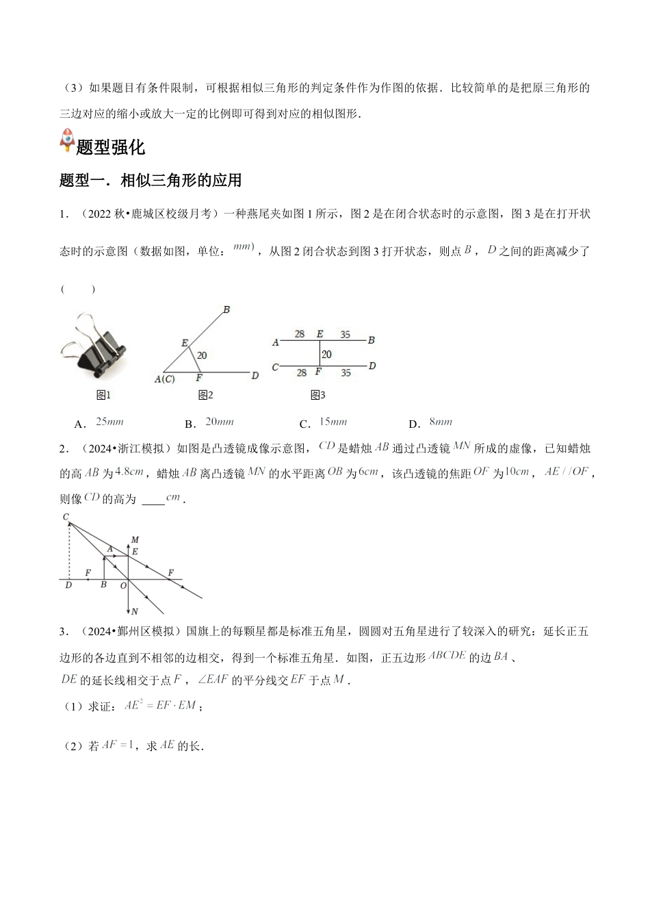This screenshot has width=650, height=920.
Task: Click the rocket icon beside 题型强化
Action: point(68,140)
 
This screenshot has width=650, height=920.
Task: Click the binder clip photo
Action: point(93,346)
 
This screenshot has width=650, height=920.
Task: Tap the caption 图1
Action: point(104,395)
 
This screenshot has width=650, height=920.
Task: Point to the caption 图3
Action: point(317,395)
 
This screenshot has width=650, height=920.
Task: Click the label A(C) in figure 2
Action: point(164,379)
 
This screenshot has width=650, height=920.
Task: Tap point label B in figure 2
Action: point(226,310)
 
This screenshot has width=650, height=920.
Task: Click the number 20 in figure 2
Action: point(202,355)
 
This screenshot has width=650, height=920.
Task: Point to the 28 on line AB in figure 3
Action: point(300,334)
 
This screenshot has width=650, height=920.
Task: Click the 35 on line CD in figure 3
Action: point(346,373)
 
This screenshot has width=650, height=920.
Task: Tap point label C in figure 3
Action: point(275,368)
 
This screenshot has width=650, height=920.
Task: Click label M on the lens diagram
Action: point(135,540)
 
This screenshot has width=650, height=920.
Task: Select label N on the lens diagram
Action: point(135,611)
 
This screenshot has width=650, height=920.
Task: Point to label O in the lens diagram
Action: point(123,586)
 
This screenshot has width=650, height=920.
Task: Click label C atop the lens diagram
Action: point(66,517)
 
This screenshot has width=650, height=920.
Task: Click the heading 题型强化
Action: point(110,147)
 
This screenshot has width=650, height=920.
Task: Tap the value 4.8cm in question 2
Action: point(129,472)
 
